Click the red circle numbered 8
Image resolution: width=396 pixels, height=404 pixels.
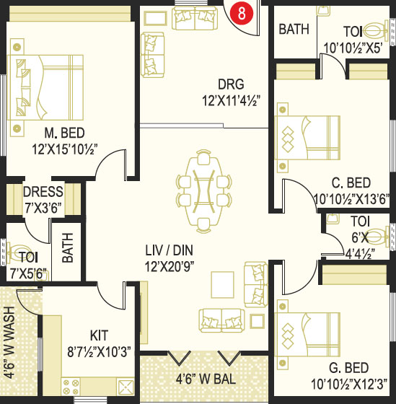(242, 13)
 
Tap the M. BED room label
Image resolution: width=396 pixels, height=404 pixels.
(64, 133)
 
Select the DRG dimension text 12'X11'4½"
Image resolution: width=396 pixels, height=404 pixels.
(231, 100)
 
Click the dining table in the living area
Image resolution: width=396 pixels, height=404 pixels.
(203, 191)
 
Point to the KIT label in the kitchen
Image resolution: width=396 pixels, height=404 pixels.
(99, 335)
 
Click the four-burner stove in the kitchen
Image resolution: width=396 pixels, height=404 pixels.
(71, 387)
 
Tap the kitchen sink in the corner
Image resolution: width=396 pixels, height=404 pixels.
(125, 387)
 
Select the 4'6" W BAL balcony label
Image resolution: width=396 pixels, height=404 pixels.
(206, 379)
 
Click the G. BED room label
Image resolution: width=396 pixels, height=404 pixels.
(349, 368)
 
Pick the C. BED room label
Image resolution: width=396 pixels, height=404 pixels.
(351, 183)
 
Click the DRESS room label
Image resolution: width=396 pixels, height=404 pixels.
(43, 192)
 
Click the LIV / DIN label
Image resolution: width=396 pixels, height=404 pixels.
(169, 250)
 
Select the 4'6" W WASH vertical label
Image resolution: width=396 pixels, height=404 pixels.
(10, 343)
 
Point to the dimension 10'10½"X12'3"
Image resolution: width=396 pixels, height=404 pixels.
(349, 384)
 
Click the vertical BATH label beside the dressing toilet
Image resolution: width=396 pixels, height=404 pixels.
(68, 247)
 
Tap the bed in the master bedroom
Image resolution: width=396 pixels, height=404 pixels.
(45, 87)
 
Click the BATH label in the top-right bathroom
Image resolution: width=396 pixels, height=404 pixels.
(294, 29)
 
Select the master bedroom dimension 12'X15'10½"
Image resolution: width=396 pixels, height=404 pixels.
(65, 149)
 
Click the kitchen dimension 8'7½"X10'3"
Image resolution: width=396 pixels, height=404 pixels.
(99, 351)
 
